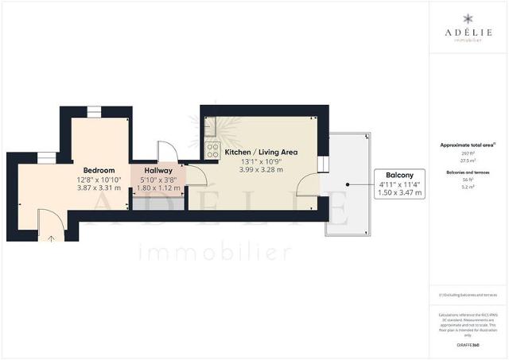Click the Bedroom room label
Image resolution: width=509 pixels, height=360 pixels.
tap(99, 170)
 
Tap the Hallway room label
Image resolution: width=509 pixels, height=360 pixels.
tap(159, 170)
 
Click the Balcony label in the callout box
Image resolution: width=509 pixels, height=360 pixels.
tap(398, 175)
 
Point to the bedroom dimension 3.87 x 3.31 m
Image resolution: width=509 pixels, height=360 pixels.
tap(99, 189)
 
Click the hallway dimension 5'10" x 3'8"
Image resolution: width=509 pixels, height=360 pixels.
tap(159, 180)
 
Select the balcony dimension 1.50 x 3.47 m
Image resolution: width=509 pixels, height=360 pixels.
tap(398, 193)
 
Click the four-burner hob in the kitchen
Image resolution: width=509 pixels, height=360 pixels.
tap(212, 149)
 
